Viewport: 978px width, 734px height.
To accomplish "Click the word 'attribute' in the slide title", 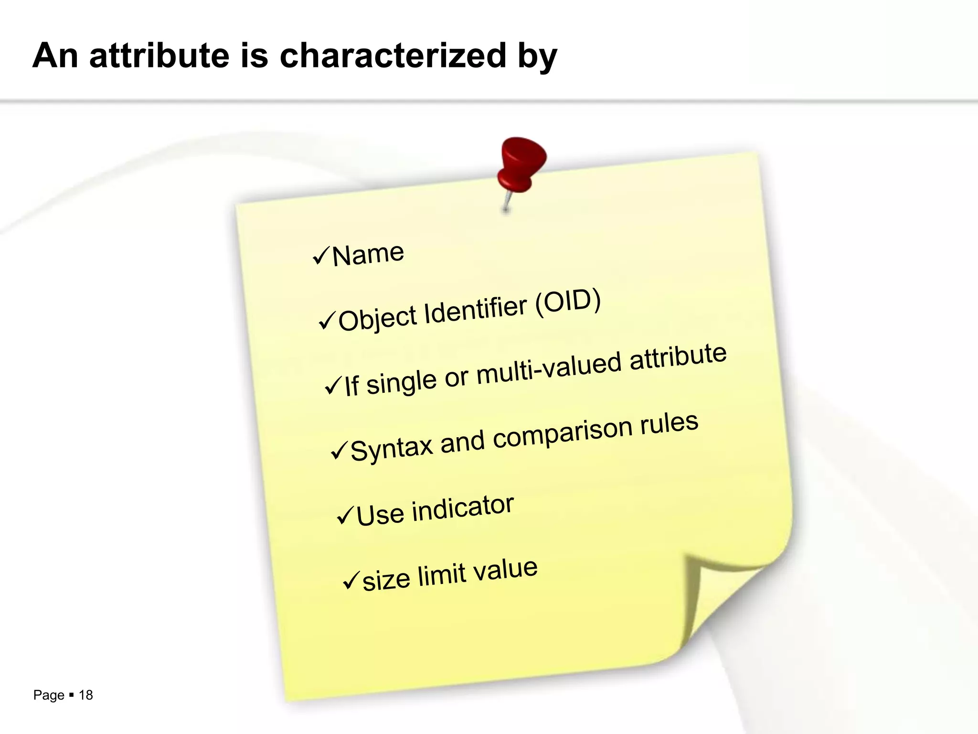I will pyautogui.click(x=160, y=55).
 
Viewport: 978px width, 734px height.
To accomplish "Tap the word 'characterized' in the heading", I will pyautogui.click(x=393, y=55).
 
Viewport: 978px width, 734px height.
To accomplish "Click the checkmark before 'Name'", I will pyautogui.click(x=320, y=256).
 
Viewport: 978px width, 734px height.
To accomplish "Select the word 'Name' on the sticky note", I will pyautogui.click(x=368, y=254).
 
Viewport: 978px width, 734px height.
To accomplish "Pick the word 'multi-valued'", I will pyautogui.click(x=549, y=367).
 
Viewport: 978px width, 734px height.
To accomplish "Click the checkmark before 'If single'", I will pyautogui.click(x=333, y=385).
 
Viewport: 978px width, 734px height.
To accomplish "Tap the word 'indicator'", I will pyautogui.click(x=463, y=507).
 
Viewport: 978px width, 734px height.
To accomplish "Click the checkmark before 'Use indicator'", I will pyautogui.click(x=345, y=516).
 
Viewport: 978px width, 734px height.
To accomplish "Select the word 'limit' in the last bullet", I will pyautogui.click(x=442, y=575).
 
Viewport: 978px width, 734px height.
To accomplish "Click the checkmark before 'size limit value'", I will pyautogui.click(x=351, y=581).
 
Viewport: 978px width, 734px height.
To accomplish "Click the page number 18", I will pyautogui.click(x=86, y=695).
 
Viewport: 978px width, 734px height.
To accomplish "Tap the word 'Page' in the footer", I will pyautogui.click(x=49, y=695).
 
